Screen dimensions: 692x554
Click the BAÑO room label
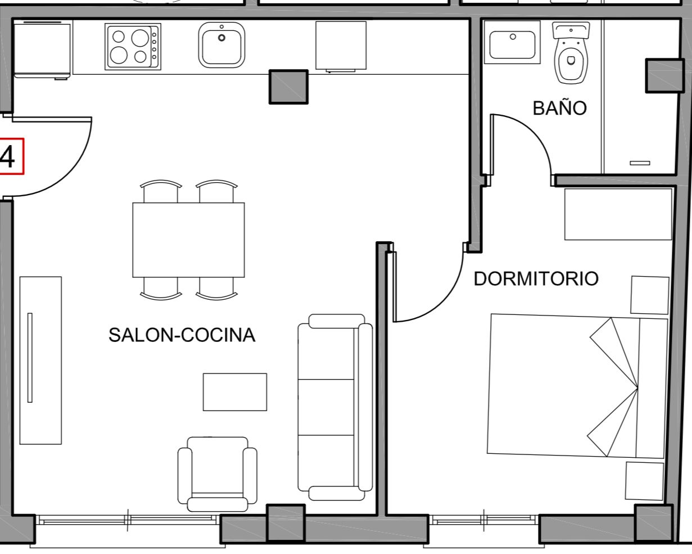tap(560, 108)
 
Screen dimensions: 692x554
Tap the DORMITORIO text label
tap(536, 278)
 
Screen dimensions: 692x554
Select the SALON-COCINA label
tap(182, 335)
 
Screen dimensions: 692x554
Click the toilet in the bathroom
tap(571, 53)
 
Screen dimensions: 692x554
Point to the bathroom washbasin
tap(512, 43)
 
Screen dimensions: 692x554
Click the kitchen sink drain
tap(221, 38)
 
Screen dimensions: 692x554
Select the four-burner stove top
tap(133, 47)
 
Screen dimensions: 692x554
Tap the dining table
tap(188, 240)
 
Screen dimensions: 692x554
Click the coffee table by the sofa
tap(235, 392)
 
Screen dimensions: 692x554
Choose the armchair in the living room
tap(218, 474)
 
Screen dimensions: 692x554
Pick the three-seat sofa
tap(335, 407)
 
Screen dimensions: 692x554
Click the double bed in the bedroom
tap(577, 386)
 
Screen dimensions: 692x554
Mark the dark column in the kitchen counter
tap(288, 87)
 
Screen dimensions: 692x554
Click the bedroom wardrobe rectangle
tap(618, 214)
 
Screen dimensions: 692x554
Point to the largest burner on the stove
tap(140, 38)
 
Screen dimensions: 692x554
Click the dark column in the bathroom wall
tap(665, 76)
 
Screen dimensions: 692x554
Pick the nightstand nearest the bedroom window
tap(644, 481)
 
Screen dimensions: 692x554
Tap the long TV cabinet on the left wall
tap(40, 361)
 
